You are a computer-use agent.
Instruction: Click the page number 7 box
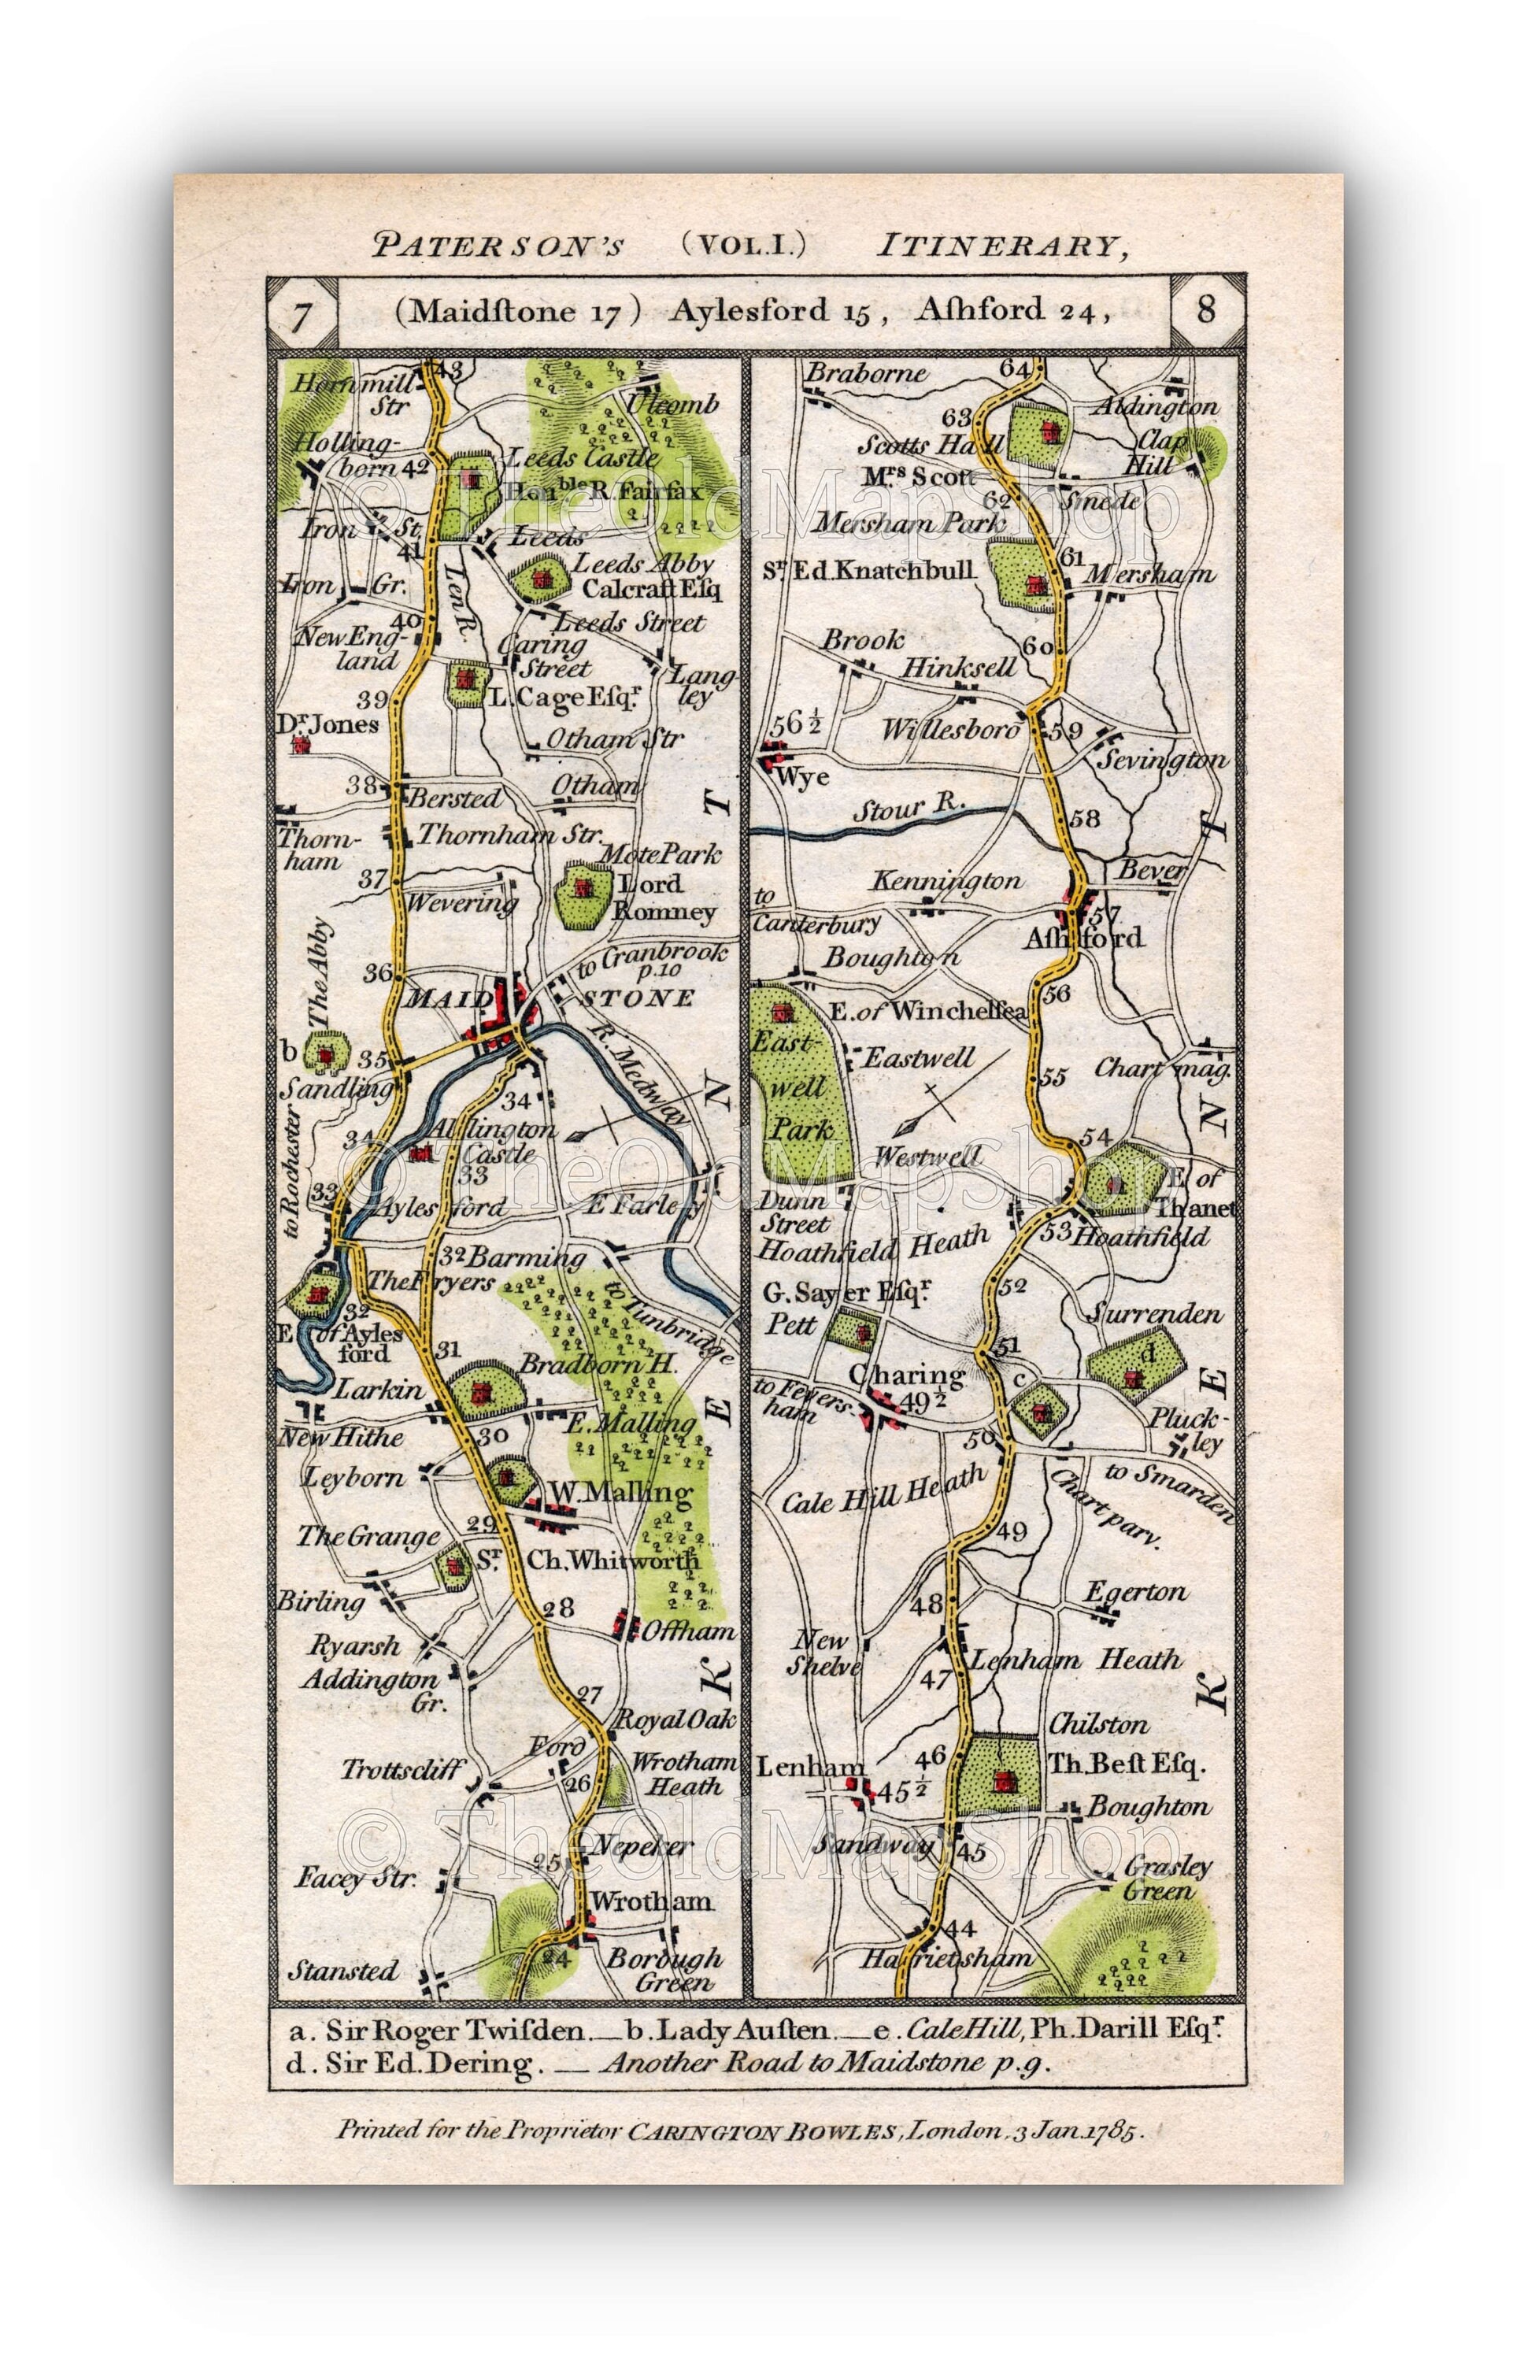click(302, 314)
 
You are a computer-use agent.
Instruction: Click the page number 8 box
click(1206, 310)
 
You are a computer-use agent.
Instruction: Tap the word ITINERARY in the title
click(1001, 245)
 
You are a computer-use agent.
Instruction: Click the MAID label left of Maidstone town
click(435, 999)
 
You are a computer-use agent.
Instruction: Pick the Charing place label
click(905, 1375)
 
